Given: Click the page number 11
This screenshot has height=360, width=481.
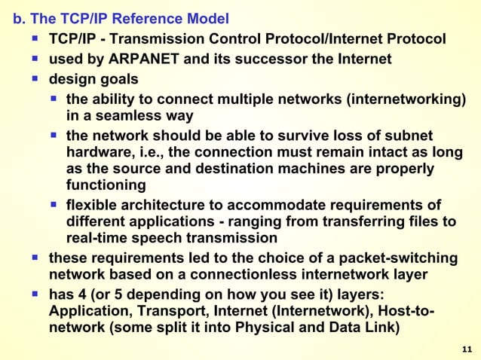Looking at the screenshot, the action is tap(466, 349).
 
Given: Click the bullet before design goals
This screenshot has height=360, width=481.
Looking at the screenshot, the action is tap(35, 78).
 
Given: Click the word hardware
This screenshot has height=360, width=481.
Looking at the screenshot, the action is tap(98, 152).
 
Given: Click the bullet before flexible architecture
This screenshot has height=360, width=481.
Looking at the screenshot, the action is tap(54, 205).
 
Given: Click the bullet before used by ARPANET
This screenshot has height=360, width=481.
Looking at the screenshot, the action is tap(35, 58).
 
